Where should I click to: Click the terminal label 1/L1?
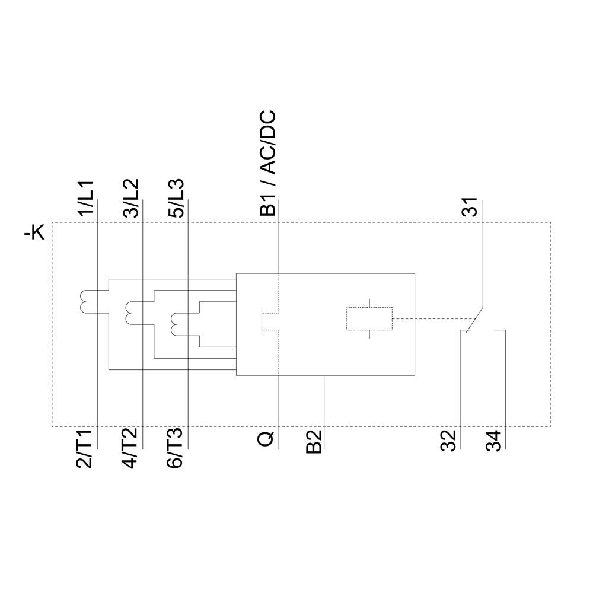(87, 199)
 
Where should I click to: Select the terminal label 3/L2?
(132, 199)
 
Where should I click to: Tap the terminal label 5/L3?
(177, 199)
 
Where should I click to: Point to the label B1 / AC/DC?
(269, 163)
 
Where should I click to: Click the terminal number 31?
(470, 208)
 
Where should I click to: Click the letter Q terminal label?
(266, 439)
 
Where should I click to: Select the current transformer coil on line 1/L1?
(83, 301)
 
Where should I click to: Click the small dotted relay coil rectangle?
(369, 319)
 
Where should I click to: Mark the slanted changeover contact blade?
(474, 320)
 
